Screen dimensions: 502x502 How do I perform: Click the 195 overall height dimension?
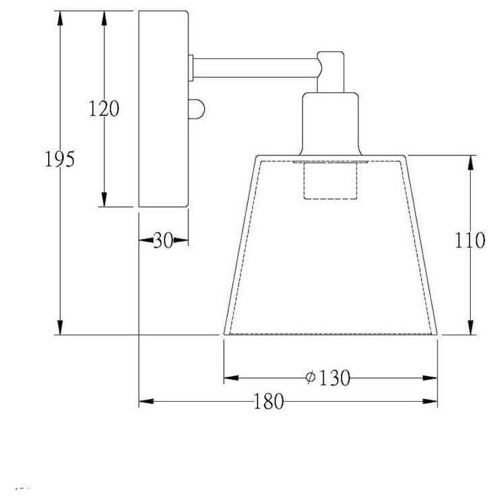tap(60, 159)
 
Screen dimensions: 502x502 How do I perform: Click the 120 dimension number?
tap(104, 108)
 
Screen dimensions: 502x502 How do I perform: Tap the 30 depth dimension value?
tap(163, 240)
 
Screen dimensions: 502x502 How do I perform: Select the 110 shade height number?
tap(469, 240)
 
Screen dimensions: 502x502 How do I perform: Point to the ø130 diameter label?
tap(327, 378)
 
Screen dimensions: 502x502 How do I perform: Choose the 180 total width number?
tap(268, 402)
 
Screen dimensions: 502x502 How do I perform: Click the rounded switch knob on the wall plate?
tap(196, 109)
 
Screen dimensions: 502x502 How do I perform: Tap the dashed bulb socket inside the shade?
tap(330, 181)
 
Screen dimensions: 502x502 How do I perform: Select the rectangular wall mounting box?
tap(163, 109)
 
